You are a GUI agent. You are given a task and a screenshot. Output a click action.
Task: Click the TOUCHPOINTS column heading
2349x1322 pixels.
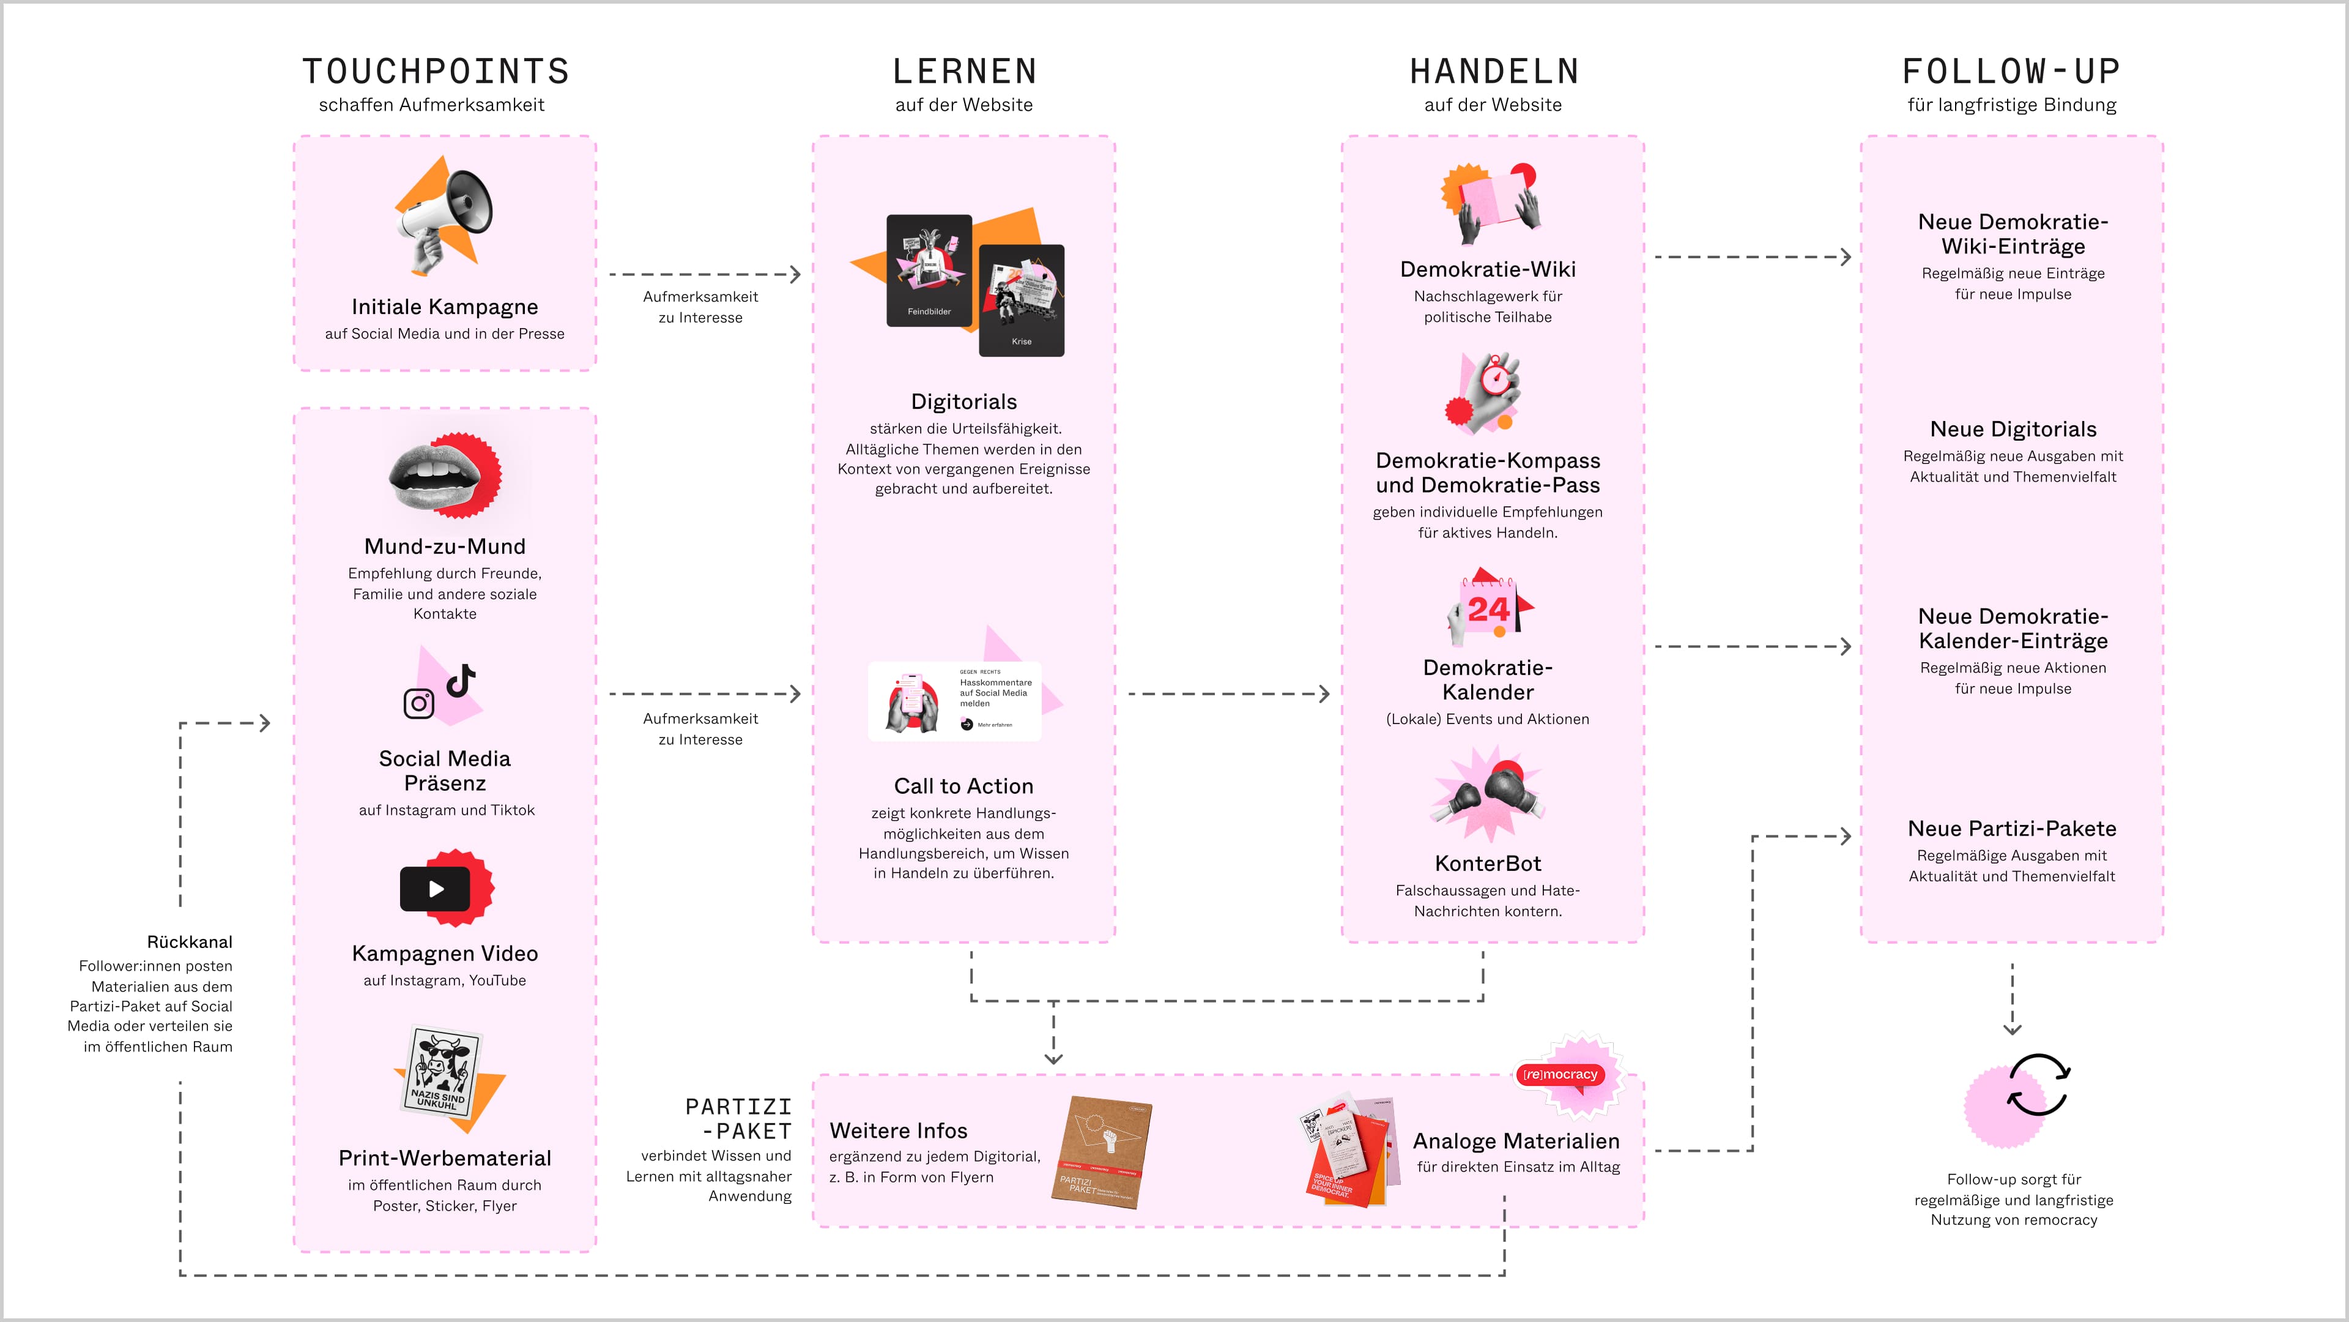pos(435,71)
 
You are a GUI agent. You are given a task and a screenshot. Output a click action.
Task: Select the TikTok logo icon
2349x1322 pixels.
pos(461,680)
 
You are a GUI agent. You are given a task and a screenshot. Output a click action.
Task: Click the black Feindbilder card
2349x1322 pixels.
pos(929,270)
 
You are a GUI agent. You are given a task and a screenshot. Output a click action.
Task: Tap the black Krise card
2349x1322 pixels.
pos(1022,300)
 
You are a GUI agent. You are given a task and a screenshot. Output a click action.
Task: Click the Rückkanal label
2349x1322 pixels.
pos(190,941)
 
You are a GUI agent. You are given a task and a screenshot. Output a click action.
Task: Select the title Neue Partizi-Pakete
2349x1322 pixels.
pos(2011,829)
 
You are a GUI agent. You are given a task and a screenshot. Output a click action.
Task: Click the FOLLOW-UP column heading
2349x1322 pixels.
pos(2011,71)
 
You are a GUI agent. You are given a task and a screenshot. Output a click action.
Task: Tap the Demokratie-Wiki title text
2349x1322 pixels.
pos(1487,269)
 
